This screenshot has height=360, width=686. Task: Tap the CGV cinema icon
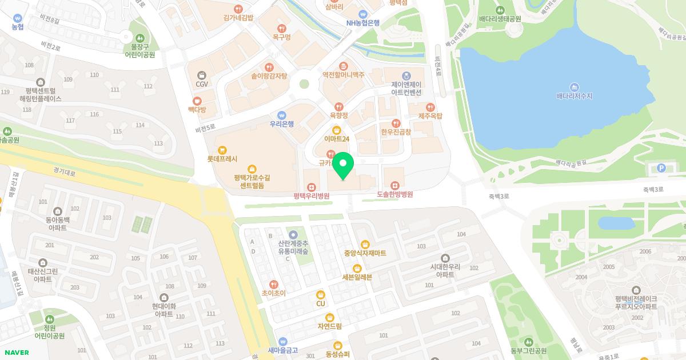[x=201, y=75]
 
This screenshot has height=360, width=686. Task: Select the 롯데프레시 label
[x=222, y=159]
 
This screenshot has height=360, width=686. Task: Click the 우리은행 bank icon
[x=281, y=115]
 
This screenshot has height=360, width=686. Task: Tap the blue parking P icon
[x=663, y=168]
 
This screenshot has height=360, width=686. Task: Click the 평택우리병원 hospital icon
[x=311, y=186]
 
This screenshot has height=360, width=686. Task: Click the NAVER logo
[x=16, y=352]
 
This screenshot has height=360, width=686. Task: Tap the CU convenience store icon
[x=321, y=295]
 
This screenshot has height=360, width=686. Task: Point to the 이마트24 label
[x=336, y=139]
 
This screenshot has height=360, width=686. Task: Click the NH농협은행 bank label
[x=362, y=23]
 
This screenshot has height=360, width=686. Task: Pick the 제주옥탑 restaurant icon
[x=430, y=107]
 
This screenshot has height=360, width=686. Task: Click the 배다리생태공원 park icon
[x=500, y=10]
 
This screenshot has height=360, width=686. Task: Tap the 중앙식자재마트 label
[x=365, y=253]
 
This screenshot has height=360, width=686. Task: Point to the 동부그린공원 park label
[x=529, y=350]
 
